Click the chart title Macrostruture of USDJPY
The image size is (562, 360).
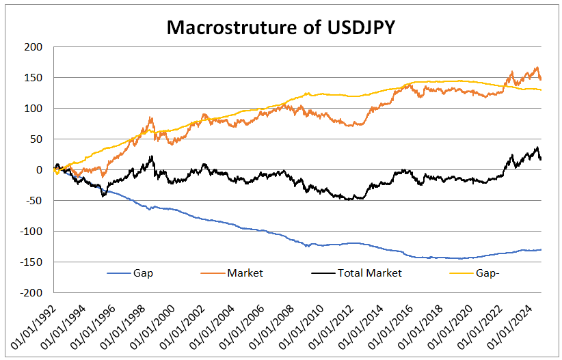coord(281,28)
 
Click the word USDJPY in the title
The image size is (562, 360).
coord(358,28)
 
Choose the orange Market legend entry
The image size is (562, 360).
coord(245,273)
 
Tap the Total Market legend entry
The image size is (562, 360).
coord(369,273)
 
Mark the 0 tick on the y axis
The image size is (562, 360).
coord(39,170)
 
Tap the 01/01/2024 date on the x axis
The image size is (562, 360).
coord(521,325)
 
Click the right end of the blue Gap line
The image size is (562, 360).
coord(541,249)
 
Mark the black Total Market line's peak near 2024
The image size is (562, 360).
coord(537,148)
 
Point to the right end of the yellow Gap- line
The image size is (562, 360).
coord(541,90)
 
